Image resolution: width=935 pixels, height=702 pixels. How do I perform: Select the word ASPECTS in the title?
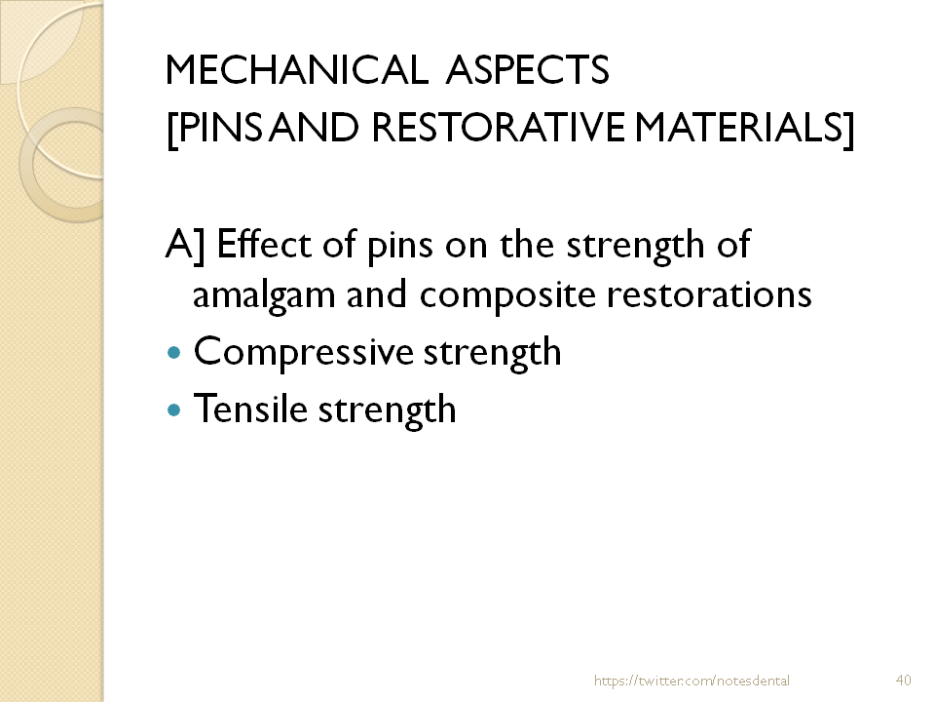[528, 70]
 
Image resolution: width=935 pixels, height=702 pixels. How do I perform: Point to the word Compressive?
[303, 352]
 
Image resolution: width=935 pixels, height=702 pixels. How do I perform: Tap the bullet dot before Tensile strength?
[174, 410]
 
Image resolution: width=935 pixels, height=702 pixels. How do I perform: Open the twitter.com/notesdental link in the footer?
[692, 680]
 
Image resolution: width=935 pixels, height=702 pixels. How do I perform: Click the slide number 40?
[902, 680]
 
